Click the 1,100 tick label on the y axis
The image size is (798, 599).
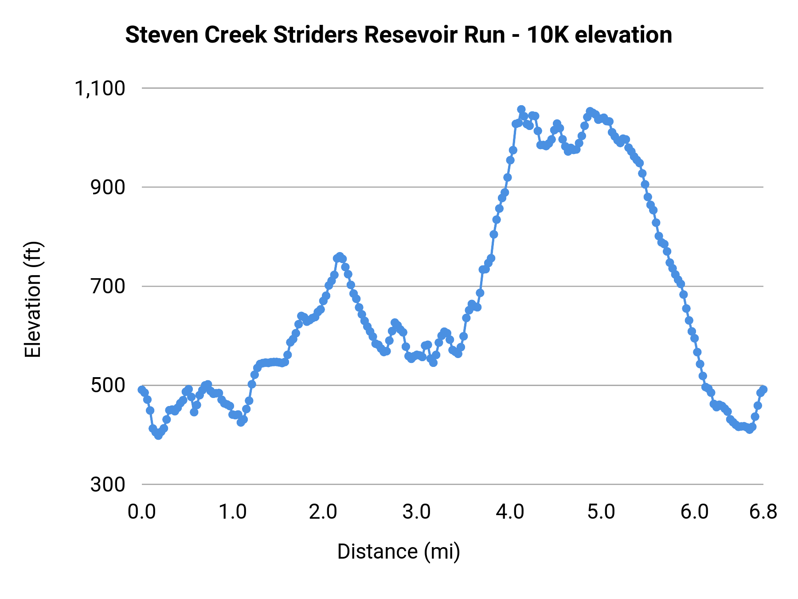(100, 89)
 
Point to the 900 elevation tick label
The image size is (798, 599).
(108, 188)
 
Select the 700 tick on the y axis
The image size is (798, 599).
(108, 287)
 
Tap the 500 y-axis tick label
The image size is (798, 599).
(108, 386)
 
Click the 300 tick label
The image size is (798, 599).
(108, 485)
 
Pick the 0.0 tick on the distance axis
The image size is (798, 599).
(142, 512)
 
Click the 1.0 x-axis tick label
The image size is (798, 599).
(233, 512)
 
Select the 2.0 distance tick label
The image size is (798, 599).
(324, 512)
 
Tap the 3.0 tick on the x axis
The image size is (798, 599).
(417, 512)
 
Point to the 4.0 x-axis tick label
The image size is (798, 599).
(510, 512)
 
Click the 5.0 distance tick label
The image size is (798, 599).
(601, 512)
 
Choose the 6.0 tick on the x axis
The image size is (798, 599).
(694, 512)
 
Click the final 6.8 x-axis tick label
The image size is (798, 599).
(763, 512)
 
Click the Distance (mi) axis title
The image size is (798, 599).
(399, 552)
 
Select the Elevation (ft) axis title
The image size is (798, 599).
(33, 299)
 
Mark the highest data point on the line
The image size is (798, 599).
(521, 110)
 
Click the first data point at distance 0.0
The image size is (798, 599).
(142, 390)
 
